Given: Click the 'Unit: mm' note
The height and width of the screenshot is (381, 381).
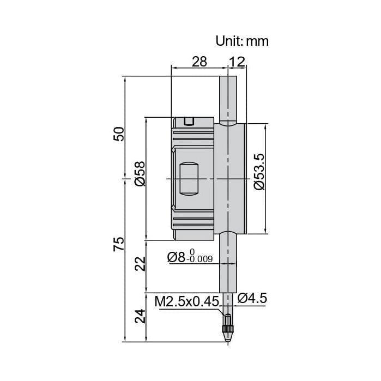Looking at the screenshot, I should click(x=242, y=41).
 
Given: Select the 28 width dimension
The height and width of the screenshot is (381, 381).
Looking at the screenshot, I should click(x=199, y=62).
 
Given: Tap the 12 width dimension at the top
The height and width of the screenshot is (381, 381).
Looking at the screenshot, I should click(x=237, y=62).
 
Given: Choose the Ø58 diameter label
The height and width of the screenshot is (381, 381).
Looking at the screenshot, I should click(x=140, y=174).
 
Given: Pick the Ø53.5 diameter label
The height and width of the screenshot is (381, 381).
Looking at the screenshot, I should click(x=259, y=171).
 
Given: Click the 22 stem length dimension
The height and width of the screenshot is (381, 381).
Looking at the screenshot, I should click(x=141, y=264).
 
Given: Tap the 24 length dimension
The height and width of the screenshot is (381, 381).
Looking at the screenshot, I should click(x=141, y=316).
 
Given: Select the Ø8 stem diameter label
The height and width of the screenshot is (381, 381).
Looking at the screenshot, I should click(x=177, y=257).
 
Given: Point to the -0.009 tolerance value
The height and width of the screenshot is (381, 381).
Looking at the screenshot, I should click(x=199, y=260).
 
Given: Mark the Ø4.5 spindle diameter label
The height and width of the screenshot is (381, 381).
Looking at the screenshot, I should click(x=252, y=298).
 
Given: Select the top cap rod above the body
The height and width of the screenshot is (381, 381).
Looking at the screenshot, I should click(x=228, y=98).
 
